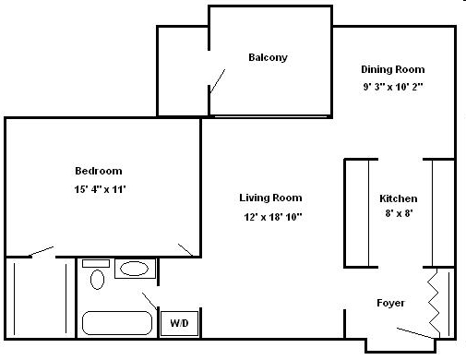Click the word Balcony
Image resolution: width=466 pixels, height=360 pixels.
point(268,57)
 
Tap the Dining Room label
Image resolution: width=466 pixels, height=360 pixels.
point(392,69)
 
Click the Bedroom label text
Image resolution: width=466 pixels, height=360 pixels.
point(98,171)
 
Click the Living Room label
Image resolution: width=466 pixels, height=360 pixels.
point(270,198)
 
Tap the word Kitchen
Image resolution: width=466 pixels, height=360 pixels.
point(399,198)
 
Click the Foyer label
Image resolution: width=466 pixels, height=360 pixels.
point(390,303)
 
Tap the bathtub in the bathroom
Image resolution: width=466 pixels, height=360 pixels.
point(117,323)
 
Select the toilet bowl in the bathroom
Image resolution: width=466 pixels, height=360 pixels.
point(95,276)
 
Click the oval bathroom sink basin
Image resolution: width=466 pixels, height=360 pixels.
point(135,270)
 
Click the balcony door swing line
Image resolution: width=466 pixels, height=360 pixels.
point(219,81)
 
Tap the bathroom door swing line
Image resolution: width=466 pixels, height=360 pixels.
point(149,301)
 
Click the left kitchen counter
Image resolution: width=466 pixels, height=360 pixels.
point(357,212)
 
